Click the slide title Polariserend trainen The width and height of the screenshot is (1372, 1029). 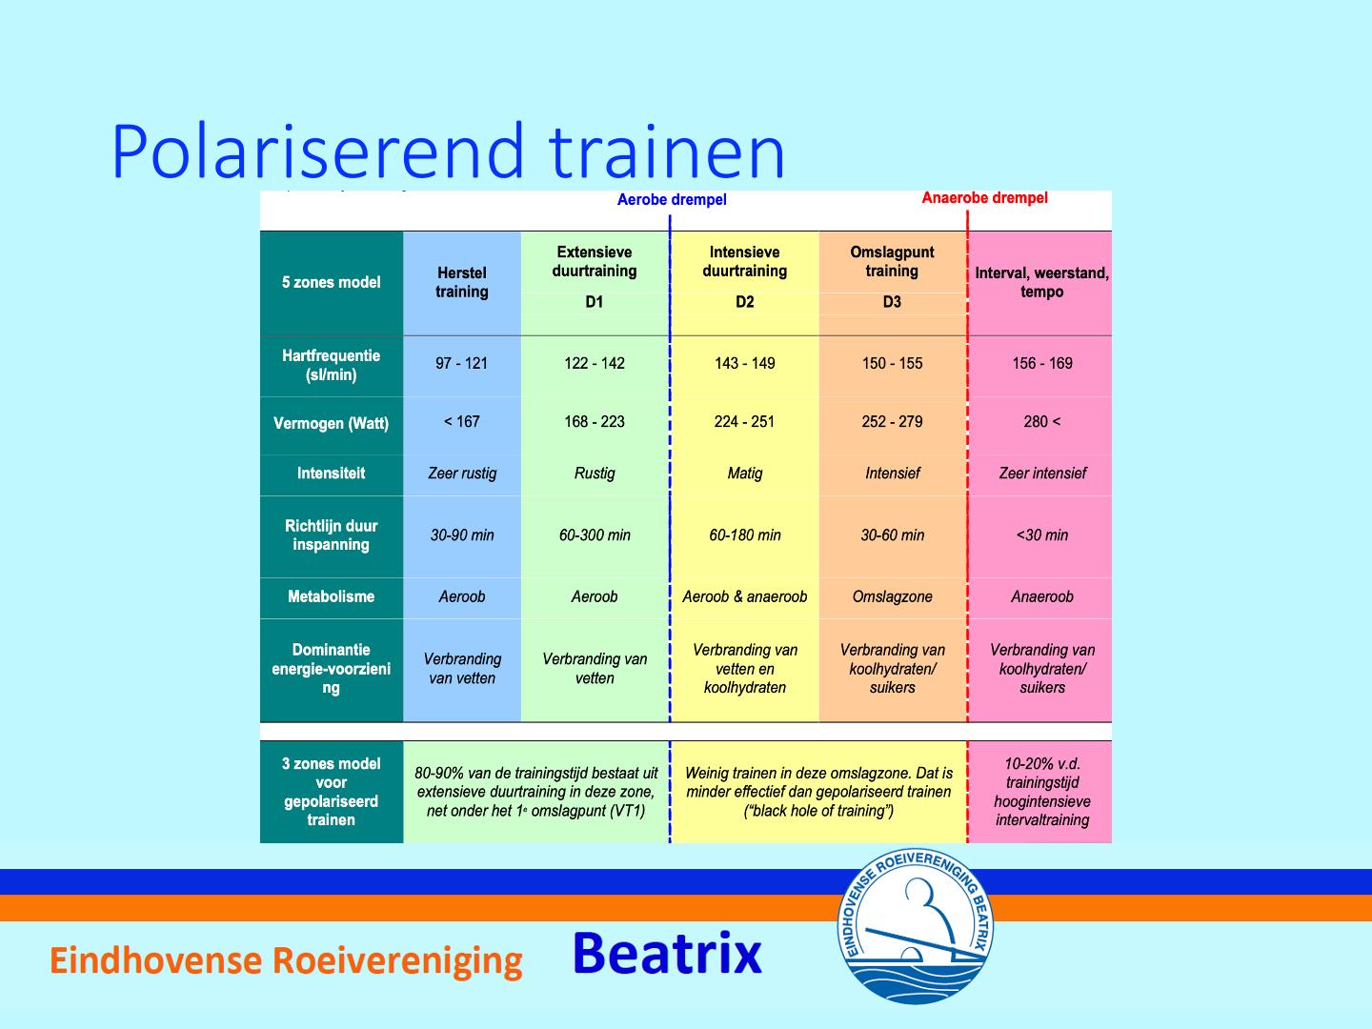pyautogui.click(x=448, y=151)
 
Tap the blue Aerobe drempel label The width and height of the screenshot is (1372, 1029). pyautogui.click(x=672, y=200)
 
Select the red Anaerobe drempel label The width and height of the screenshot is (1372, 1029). pyautogui.click(x=984, y=198)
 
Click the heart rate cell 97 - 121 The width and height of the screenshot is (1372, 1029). pyautogui.click(x=461, y=363)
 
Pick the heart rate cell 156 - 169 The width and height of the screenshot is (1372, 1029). pyautogui.click(x=1042, y=363)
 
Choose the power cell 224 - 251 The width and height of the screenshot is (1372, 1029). pyautogui.click(x=744, y=422)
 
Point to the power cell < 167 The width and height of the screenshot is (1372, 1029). pyautogui.click(x=461, y=422)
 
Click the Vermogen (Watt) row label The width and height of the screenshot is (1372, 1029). pyautogui.click(x=331, y=424)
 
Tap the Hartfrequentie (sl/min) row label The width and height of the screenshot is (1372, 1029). pyautogui.click(x=331, y=365)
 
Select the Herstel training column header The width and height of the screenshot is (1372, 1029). pyautogui.click(x=461, y=282)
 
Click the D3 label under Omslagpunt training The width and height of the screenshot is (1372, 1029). pyautogui.click(x=892, y=302)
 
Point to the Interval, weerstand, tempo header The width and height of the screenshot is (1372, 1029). pyautogui.click(x=1042, y=282)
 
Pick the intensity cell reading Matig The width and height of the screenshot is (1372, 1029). pyautogui.click(x=744, y=474)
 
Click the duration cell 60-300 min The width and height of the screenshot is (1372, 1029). pyautogui.click(x=595, y=535)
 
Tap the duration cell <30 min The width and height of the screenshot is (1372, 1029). pyautogui.click(x=1042, y=535)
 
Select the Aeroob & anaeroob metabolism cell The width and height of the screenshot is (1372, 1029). pyautogui.click(x=744, y=596)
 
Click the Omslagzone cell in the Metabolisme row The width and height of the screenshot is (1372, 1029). pyautogui.click(x=892, y=596)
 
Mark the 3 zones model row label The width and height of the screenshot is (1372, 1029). pyautogui.click(x=331, y=792)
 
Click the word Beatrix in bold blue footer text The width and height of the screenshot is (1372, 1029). pyautogui.click(x=667, y=953)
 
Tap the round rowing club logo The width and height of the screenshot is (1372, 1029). pyautogui.click(x=915, y=925)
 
